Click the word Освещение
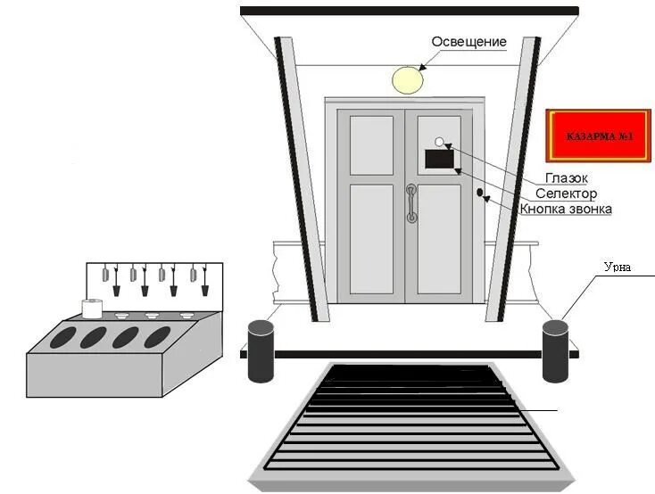[x=468, y=42]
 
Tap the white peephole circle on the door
[x=439, y=143]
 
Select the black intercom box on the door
[x=439, y=160]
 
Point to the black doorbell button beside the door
[x=480, y=193]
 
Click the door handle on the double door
[x=410, y=203]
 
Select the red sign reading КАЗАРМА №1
[x=599, y=138]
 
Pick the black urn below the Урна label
[x=555, y=347]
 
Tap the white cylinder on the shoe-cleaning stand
[x=92, y=309]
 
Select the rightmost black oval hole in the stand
[x=157, y=336]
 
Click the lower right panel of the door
[x=439, y=239]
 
